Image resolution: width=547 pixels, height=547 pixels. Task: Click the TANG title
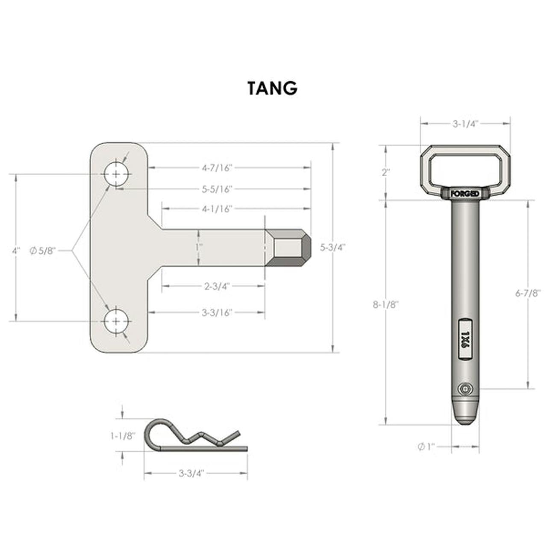coord(272,88)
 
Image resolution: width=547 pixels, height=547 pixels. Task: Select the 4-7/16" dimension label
coord(217,168)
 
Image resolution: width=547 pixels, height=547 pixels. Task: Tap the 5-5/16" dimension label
coord(217,189)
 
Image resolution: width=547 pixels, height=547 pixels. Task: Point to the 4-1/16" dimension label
coord(217,209)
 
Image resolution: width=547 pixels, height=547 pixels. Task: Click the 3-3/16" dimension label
coord(217,313)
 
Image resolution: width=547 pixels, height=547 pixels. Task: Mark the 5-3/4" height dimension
coord(333,247)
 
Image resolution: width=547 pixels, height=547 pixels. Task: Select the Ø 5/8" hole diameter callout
coord(43,251)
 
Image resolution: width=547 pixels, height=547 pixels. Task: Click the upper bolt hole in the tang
coord(116,174)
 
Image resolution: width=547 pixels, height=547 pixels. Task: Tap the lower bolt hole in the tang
coord(116,321)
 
